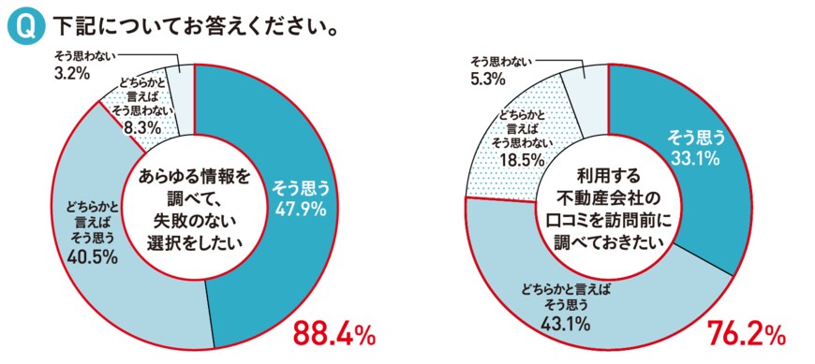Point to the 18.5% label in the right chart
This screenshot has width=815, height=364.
tap(511, 162)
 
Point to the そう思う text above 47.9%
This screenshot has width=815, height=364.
tap(299, 188)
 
